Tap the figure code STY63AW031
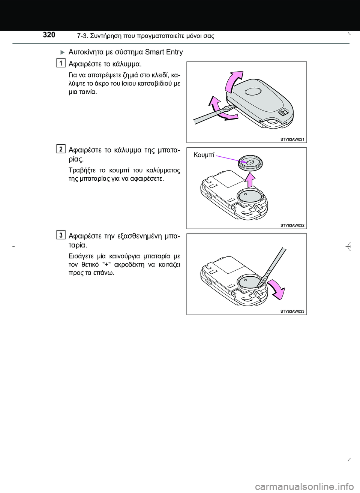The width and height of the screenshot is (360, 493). pyautogui.click(x=292, y=139)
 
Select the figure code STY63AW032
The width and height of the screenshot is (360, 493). pyautogui.click(x=292, y=225)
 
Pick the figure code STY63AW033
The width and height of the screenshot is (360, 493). pyautogui.click(x=292, y=311)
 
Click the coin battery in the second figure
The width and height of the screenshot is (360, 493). pyautogui.click(x=247, y=196)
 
